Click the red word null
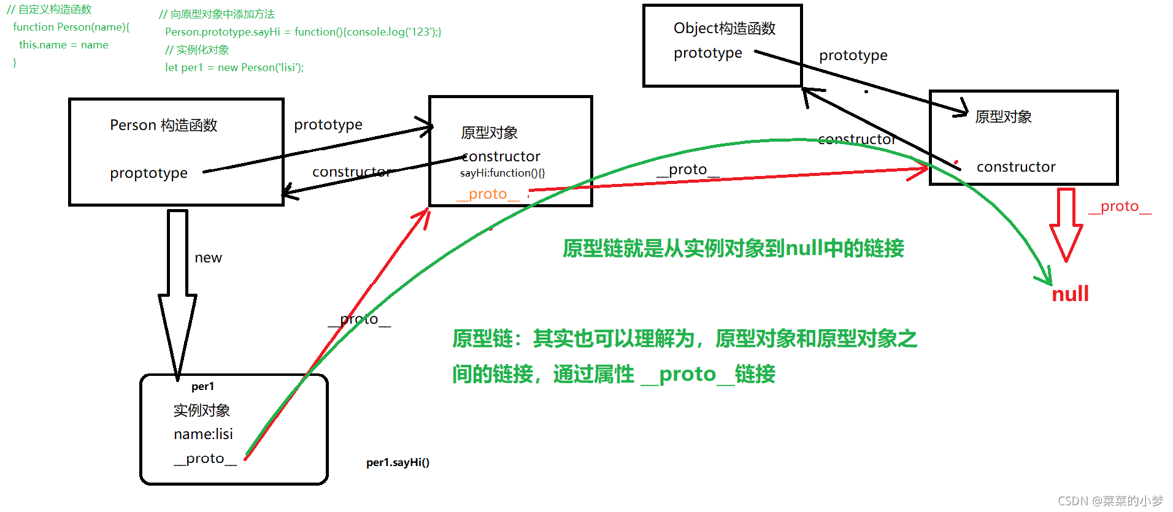point(1070,294)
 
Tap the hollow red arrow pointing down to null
point(1066,224)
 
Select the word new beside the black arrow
point(208,258)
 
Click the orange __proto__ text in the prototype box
point(488,194)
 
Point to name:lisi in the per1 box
point(203,434)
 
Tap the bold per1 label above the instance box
point(202,386)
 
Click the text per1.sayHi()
point(398,462)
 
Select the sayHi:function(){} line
point(502,173)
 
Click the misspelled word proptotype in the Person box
point(148,174)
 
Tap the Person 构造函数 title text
point(163,125)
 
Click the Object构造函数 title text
point(724,28)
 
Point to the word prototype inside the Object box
point(707,53)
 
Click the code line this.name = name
point(63,45)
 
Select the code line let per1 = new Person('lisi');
point(234,67)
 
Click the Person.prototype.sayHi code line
point(302,32)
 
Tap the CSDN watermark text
point(1110,501)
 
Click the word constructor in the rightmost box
point(1016,167)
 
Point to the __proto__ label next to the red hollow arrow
point(1120,207)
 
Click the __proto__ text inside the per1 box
point(205,459)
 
